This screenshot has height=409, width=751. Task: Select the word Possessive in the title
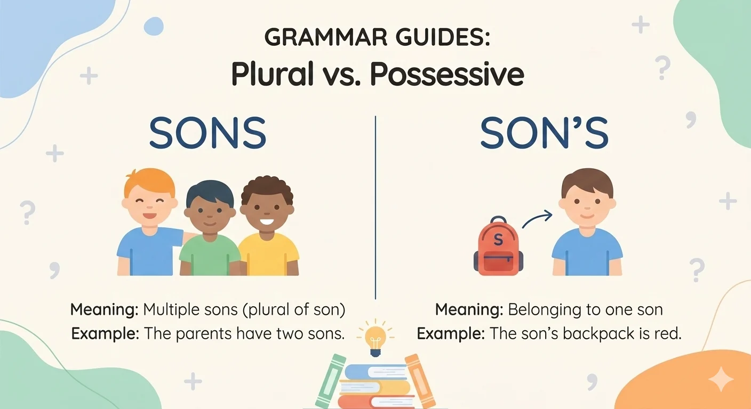coord(447,75)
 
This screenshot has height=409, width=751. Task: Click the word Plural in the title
coord(272,75)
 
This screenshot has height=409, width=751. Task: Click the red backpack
coord(498,248)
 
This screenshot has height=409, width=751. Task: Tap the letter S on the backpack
coord(498,240)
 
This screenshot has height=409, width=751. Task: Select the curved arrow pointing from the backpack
coord(536,218)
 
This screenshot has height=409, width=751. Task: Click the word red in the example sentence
coord(669,334)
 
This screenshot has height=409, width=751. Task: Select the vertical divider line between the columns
coord(375,208)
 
